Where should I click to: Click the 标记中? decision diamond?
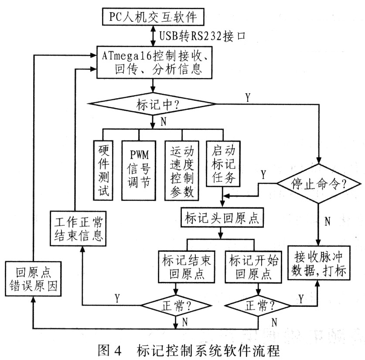point(152,104)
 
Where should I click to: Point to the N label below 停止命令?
point(327,221)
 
